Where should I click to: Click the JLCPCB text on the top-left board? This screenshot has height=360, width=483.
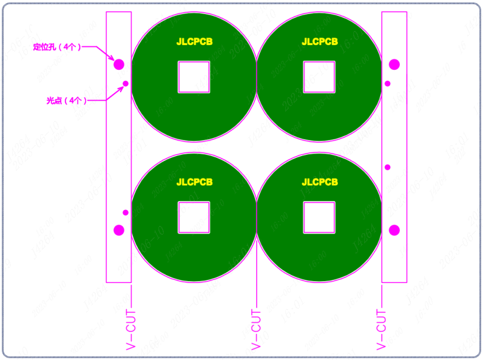click(x=194, y=42)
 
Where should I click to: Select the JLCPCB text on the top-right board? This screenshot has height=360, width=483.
click(x=320, y=42)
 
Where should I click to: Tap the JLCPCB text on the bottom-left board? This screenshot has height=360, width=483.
click(x=194, y=182)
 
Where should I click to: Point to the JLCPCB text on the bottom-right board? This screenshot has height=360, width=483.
click(x=320, y=182)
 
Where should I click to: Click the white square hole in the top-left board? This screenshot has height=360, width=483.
click(x=194, y=77)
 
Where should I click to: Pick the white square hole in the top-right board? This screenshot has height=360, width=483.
click(x=319, y=77)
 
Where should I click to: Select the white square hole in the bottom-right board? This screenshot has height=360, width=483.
click(x=319, y=217)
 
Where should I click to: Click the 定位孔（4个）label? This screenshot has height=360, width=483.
click(x=56, y=47)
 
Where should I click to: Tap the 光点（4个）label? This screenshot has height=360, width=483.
click(x=66, y=100)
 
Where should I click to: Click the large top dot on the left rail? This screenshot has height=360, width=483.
click(x=119, y=64)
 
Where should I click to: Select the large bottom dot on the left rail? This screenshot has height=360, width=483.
click(x=119, y=230)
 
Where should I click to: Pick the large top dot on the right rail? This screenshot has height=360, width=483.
click(x=394, y=64)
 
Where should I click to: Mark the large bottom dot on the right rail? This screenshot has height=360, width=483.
click(x=394, y=230)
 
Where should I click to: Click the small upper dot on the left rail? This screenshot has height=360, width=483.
click(x=126, y=83)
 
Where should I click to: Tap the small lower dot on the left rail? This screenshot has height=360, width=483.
click(x=126, y=212)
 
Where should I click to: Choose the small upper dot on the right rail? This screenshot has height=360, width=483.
click(x=388, y=83)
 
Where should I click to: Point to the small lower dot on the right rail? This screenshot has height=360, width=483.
click(x=388, y=167)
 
